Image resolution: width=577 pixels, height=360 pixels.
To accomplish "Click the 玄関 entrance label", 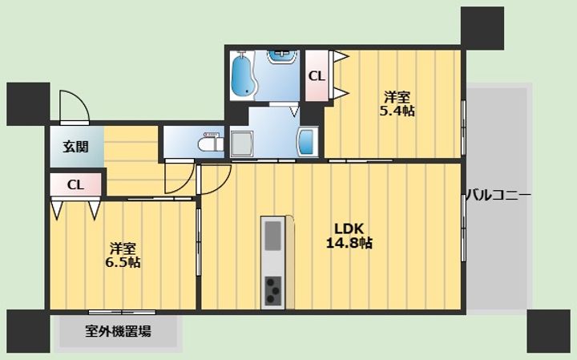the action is [x=75, y=147].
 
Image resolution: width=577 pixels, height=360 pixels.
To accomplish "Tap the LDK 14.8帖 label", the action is [x=349, y=236].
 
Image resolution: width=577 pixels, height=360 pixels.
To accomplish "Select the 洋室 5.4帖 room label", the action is [x=397, y=103].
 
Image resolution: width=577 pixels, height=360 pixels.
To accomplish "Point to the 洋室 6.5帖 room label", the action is [x=123, y=255].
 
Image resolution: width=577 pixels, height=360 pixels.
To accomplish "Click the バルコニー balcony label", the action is [x=498, y=194].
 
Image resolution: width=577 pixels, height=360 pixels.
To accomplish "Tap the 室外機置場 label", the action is [x=118, y=331].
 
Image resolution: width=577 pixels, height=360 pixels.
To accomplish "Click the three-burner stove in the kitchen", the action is [x=272, y=291].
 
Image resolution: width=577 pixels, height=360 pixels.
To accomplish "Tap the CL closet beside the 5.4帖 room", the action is [x=317, y=76].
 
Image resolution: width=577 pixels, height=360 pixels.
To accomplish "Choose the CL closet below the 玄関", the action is [x=75, y=184].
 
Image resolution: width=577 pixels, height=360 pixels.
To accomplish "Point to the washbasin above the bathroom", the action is [x=281, y=56].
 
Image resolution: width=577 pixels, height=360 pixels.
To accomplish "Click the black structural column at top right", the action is [x=482, y=28].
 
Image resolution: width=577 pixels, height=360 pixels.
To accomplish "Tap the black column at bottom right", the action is [x=548, y=331].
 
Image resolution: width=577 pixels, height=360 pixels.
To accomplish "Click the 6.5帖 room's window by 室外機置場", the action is [x=122, y=313].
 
